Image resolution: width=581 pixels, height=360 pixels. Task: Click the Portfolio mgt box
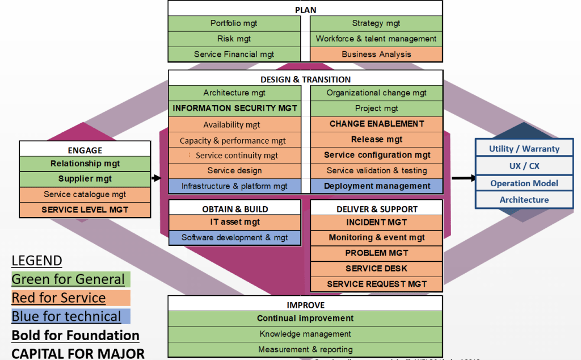coord(234,24)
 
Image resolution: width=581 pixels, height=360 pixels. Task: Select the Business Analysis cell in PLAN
coord(376,55)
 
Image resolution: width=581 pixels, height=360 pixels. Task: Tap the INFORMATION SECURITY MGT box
coord(234,108)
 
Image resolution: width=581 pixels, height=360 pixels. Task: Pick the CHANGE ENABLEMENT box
coord(376,124)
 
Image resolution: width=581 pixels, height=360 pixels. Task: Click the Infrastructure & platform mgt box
coord(234,186)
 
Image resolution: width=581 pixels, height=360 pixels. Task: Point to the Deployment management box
coord(376,186)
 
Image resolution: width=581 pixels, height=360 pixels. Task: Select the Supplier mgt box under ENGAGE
coord(85,179)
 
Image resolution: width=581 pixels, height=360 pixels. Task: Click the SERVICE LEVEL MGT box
coord(85,210)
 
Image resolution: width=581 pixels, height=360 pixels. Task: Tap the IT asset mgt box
coord(234,223)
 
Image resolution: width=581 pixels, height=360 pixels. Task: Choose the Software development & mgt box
coord(234,238)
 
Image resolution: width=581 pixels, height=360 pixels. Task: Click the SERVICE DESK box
coord(376,269)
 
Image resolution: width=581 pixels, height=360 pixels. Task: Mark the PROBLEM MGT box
coord(376,253)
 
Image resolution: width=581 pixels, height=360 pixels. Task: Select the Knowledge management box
coord(305,334)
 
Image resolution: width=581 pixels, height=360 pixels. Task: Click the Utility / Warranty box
coord(524,149)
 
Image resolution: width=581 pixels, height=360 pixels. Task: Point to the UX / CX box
coord(524,166)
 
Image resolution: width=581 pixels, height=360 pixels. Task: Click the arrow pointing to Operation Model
coord(464,178)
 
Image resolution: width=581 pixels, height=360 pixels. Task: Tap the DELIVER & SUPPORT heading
coord(376,209)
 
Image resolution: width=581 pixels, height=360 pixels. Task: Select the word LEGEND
coord(37,261)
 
